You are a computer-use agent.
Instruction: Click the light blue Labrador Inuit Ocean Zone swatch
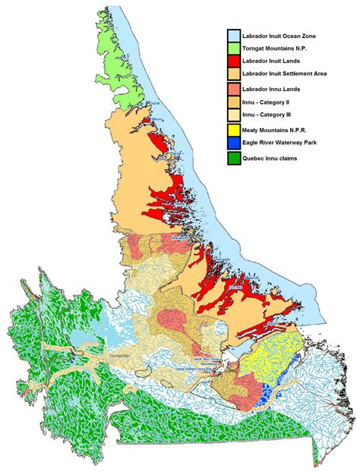tap(232, 35)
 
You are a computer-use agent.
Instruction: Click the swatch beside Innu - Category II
tap(232, 102)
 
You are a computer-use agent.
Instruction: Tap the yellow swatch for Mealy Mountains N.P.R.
tap(232, 131)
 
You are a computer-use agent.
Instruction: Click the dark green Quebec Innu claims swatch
tap(232, 158)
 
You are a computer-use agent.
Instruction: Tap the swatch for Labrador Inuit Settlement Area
tap(232, 74)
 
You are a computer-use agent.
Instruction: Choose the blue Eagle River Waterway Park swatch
tap(232, 143)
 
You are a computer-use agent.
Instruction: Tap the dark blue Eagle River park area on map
tap(265, 394)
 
